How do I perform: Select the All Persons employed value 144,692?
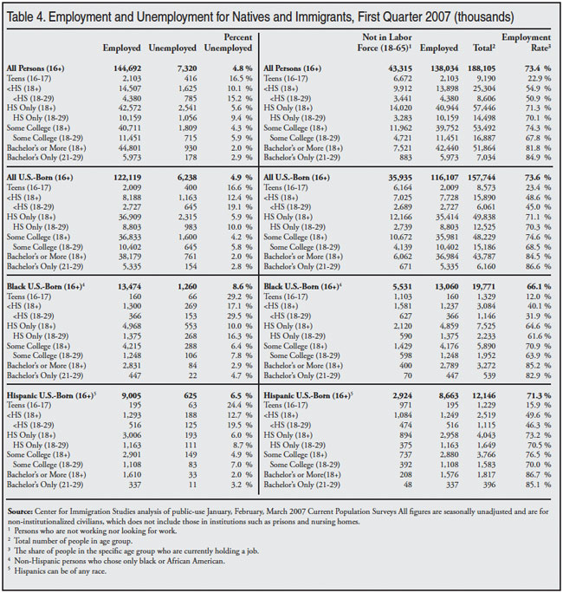point(124,68)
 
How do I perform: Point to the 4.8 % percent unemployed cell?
point(236,68)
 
